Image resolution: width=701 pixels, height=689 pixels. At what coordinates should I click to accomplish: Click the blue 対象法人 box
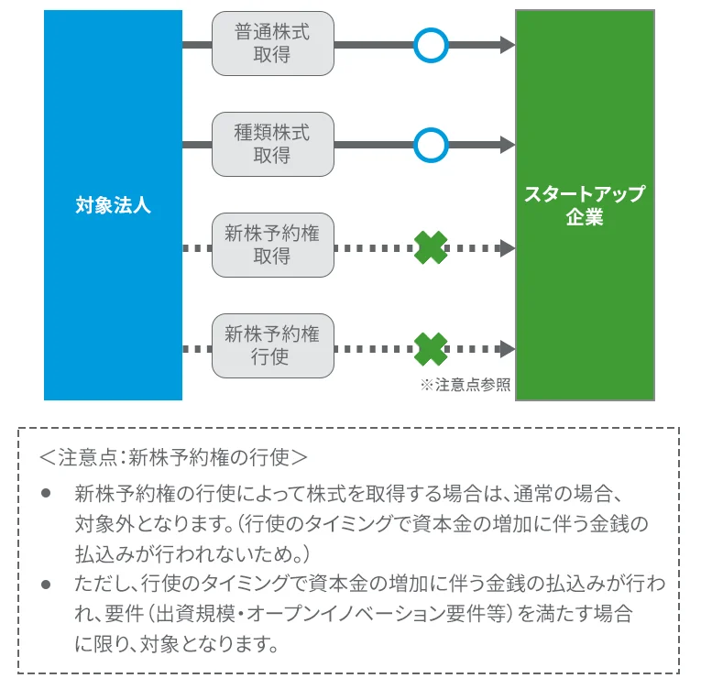click(113, 205)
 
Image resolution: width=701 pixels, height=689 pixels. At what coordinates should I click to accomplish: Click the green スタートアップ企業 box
click(585, 205)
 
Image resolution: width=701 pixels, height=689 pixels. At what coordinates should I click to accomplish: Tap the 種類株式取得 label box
click(272, 145)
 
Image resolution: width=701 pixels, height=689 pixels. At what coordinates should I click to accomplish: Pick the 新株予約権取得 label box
click(272, 246)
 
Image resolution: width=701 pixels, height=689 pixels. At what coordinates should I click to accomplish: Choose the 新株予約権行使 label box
click(272, 346)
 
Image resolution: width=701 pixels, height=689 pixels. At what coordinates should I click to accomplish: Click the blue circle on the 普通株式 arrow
click(430, 44)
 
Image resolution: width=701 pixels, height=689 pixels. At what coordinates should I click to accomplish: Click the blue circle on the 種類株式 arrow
click(430, 145)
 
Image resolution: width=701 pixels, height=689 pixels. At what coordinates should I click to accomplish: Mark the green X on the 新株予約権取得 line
click(431, 247)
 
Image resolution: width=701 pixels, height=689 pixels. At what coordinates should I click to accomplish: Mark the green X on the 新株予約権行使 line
click(431, 348)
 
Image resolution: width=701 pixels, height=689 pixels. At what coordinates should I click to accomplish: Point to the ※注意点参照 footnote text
click(465, 386)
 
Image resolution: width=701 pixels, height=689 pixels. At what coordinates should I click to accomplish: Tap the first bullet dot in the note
click(47, 495)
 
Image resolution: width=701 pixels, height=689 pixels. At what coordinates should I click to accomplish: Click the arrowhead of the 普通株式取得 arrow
click(507, 44)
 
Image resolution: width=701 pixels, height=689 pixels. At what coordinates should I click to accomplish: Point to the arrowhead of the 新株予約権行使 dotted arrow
click(507, 348)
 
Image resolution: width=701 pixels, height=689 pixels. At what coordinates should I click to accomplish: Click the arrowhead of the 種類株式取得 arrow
click(507, 145)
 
